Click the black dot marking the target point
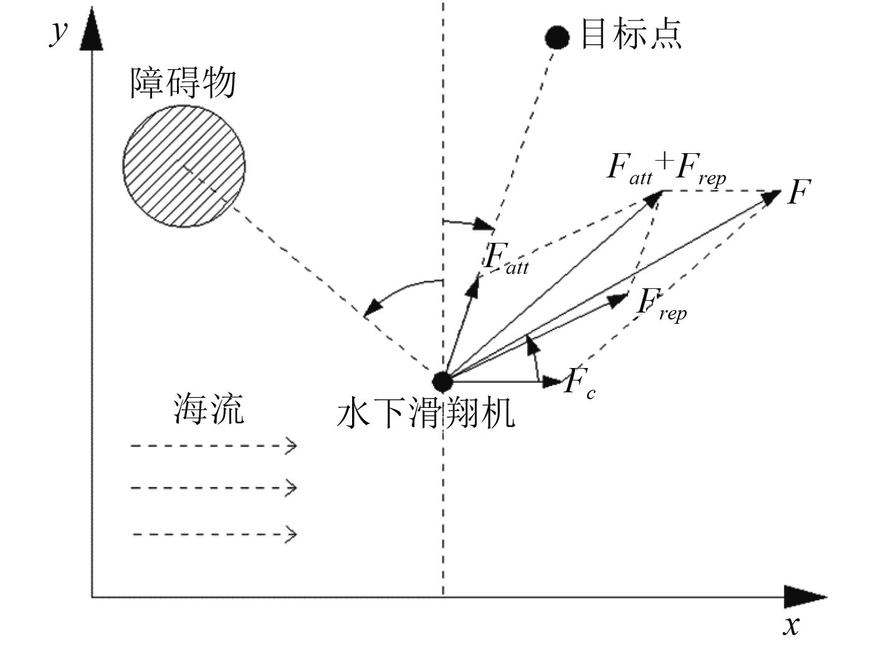(556, 37)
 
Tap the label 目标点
(631, 34)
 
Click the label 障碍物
(183, 83)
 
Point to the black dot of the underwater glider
(442, 380)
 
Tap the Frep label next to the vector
(661, 305)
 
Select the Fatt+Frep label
(666, 168)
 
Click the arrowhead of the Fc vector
(552, 381)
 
